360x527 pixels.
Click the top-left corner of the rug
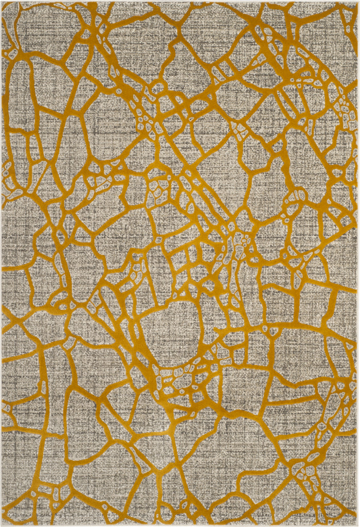click(2, 2)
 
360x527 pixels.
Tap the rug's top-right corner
click(358, 2)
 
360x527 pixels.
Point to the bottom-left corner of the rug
click(2, 525)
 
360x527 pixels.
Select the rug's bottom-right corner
click(358, 525)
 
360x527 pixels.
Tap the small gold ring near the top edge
click(157, 87)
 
